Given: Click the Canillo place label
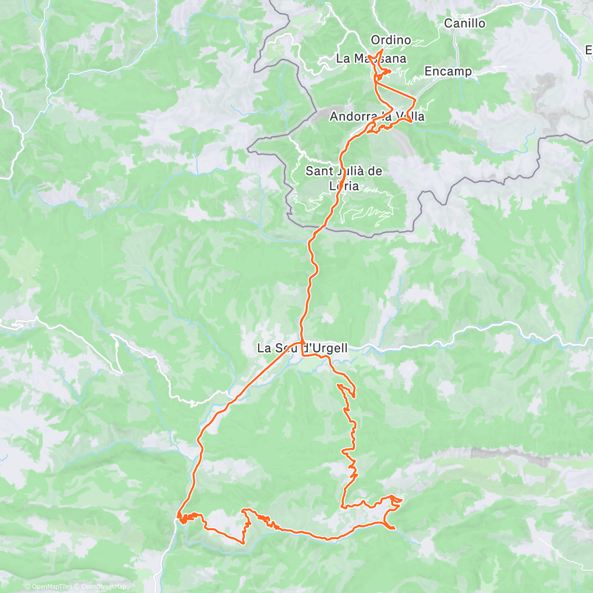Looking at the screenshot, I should pyautogui.click(x=465, y=23).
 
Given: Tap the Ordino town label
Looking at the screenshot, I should pyautogui.click(x=390, y=40).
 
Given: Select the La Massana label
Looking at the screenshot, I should pyautogui.click(x=371, y=58).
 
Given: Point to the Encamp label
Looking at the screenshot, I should pyautogui.click(x=448, y=71).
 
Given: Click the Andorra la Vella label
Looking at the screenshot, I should pyautogui.click(x=377, y=117).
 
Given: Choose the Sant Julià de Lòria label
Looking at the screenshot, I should pyautogui.click(x=344, y=178).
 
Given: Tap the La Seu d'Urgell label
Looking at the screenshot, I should pyautogui.click(x=302, y=348).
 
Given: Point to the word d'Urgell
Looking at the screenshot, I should pyautogui.click(x=324, y=348).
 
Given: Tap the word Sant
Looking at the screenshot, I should pyautogui.click(x=318, y=171).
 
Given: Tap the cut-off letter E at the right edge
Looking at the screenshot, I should pyautogui.click(x=589, y=50).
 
